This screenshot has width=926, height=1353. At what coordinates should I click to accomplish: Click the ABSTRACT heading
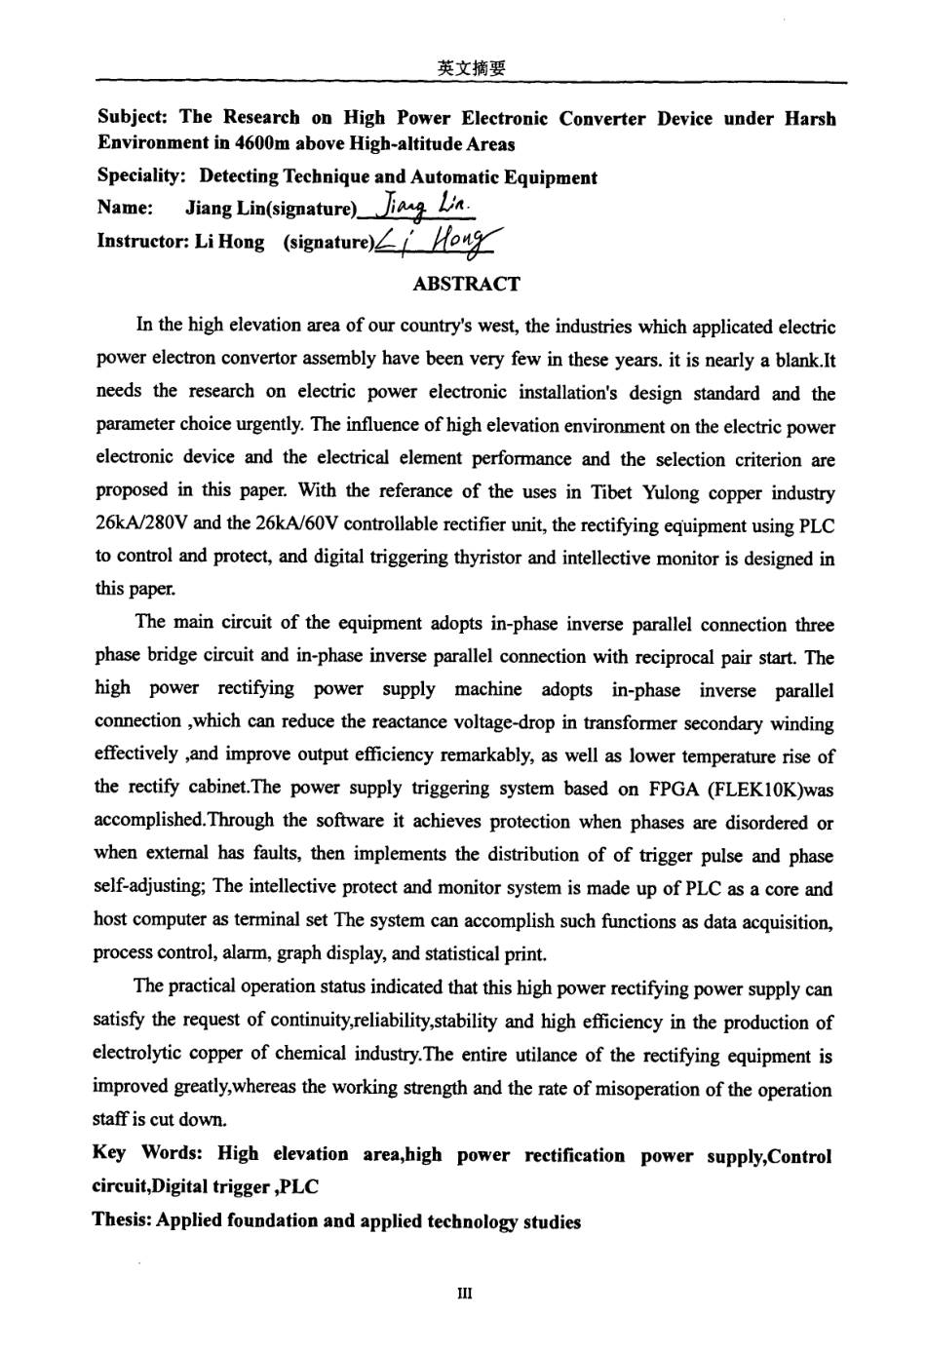(x=466, y=285)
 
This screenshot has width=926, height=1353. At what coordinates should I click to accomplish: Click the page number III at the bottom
(x=464, y=1294)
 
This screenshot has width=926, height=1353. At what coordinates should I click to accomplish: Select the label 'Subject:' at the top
(x=134, y=118)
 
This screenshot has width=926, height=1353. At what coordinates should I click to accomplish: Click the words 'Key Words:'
(x=147, y=1154)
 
